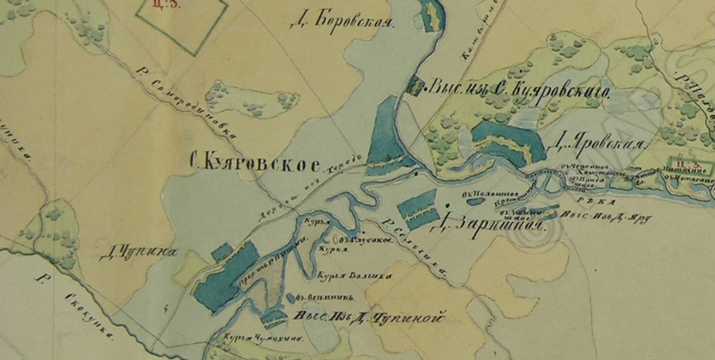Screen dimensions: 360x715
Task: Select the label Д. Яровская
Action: [x=597, y=145]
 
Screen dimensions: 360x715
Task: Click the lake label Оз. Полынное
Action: [x=487, y=197]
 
